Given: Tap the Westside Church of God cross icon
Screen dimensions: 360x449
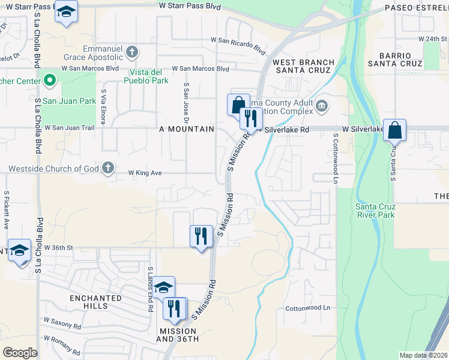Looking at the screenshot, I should [108, 167].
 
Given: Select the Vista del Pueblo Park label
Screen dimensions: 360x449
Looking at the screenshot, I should [149, 76].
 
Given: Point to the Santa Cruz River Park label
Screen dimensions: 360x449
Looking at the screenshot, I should [375, 210].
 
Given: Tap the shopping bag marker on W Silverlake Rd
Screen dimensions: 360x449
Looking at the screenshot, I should [395, 130].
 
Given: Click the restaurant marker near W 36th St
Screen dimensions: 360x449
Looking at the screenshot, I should [201, 236].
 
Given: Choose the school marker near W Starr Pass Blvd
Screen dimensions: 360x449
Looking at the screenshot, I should [66, 11].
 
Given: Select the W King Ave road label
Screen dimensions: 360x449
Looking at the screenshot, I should [145, 173].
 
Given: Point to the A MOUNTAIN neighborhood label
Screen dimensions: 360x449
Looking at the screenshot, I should [187, 129].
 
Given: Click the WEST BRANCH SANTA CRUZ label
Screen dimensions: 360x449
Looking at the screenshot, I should [303, 66].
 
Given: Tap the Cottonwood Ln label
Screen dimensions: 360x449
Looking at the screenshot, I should [307, 308].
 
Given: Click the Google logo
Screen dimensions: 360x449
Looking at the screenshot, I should [20, 352].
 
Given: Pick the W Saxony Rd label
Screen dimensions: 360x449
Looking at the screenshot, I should [62, 324].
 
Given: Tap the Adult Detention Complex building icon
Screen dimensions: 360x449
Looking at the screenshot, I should [322, 106].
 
